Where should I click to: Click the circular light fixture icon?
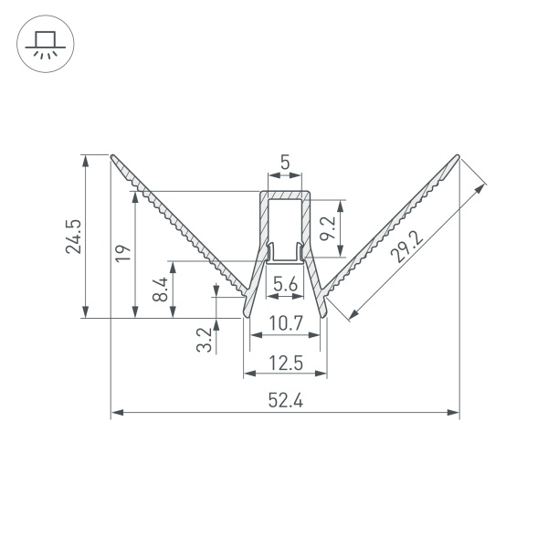coord(42,43)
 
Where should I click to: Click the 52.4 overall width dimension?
coord(285,399)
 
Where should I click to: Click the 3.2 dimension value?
coord(204,339)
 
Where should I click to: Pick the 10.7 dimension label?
coord(285,322)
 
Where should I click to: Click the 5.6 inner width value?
coord(285,285)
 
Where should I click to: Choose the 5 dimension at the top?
coord(285,163)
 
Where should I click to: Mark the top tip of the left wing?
coord(113,156)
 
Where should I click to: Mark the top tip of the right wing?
coord(457,156)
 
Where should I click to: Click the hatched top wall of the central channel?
coord(285,195)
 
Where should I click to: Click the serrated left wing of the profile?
coord(183,228)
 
